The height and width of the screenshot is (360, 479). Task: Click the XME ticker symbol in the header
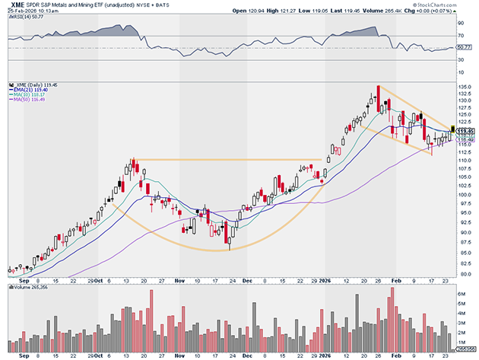click(14, 4)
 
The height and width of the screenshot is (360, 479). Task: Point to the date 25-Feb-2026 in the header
click(18, 11)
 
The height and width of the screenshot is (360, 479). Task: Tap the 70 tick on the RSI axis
click(461, 35)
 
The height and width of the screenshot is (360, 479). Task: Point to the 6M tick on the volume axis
click(461, 292)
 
